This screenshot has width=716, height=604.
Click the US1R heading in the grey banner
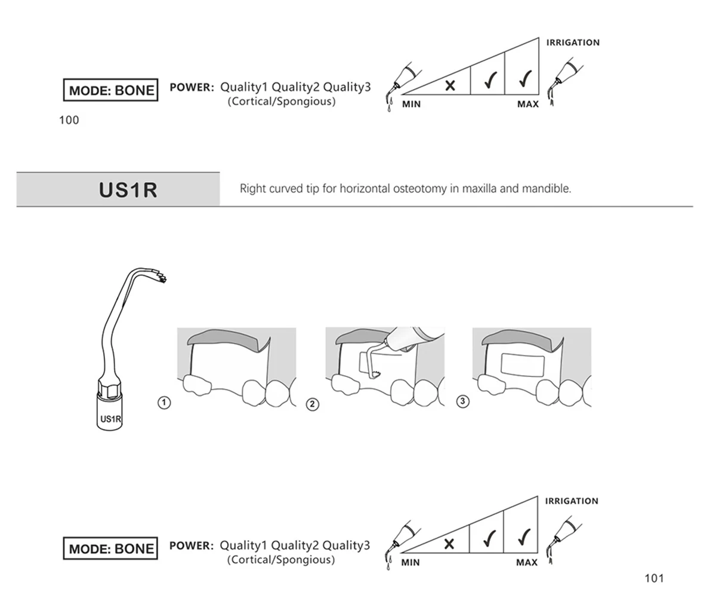[128, 190]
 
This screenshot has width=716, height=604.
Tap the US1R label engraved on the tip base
[110, 419]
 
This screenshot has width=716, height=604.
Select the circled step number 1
[163, 402]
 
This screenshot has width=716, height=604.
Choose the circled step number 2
[312, 404]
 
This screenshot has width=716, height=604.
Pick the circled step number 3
[462, 401]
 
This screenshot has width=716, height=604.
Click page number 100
[69, 120]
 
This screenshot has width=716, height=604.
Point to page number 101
[654, 578]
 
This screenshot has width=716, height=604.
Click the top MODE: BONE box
[111, 91]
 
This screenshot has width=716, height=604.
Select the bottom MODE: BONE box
[111, 548]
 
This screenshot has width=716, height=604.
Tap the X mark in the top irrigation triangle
[450, 85]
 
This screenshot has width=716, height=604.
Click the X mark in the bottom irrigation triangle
[449, 543]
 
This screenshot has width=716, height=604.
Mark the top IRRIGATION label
[573, 42]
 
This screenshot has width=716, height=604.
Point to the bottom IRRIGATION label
[571, 501]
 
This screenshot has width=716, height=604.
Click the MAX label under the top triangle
[527, 105]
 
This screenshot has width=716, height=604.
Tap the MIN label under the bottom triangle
[411, 562]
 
